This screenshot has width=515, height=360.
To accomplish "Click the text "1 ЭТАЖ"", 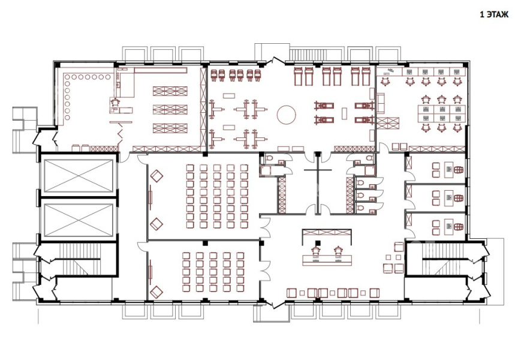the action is (494, 14).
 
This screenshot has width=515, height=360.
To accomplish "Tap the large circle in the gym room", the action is (287, 115).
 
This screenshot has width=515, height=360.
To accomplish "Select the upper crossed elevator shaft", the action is (78, 176).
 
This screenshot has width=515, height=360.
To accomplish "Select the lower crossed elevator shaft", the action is (78, 220).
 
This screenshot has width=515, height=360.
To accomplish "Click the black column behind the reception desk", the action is (317, 243).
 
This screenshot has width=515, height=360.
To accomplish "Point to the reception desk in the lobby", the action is (327, 259).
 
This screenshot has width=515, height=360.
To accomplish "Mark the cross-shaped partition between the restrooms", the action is (318, 170).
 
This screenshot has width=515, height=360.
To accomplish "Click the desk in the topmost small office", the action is (449, 169).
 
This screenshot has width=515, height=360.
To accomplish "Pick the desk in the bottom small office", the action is (449, 227).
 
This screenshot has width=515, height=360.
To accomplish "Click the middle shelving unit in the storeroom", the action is (170, 109).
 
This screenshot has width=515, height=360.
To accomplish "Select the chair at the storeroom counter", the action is (115, 102).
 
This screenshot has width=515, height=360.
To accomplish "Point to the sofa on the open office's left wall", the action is (381, 103).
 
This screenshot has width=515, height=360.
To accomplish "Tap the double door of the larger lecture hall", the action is (266, 226).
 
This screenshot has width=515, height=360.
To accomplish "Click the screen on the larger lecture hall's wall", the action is (150, 197).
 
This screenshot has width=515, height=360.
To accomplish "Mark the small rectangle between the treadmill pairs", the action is (344, 113).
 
